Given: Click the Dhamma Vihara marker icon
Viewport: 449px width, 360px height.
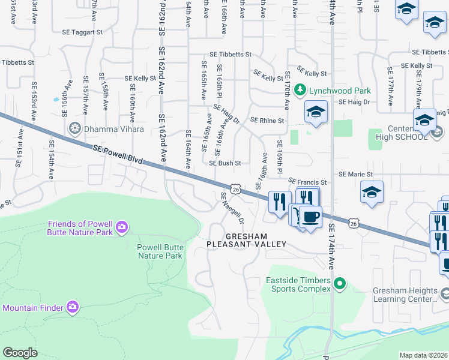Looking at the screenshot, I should [75, 128].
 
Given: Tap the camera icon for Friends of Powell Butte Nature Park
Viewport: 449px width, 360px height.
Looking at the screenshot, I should [122, 227].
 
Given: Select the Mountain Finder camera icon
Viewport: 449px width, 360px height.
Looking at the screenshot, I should [73, 307].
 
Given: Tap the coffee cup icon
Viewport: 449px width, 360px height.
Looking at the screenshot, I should [310, 216].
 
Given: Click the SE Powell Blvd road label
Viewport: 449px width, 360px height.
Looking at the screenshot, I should [118, 153].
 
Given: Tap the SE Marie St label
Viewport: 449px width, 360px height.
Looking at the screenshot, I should [356, 174].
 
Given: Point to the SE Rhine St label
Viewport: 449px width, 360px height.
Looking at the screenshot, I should [267, 121].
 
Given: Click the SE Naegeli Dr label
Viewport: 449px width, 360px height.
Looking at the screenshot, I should [232, 208].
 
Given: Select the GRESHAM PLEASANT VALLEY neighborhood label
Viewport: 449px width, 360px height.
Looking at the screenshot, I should [246, 240].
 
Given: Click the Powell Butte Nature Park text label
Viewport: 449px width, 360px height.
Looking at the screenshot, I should [160, 251].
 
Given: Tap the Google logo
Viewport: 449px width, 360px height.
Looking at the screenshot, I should [20, 353].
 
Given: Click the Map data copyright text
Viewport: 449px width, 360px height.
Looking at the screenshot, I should [423, 355].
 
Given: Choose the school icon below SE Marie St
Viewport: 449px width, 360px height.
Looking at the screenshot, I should [372, 193].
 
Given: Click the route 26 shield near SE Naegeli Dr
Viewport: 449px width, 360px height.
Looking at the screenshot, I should [236, 190].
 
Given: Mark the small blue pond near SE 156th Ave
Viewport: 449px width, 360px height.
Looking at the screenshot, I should [56, 99].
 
